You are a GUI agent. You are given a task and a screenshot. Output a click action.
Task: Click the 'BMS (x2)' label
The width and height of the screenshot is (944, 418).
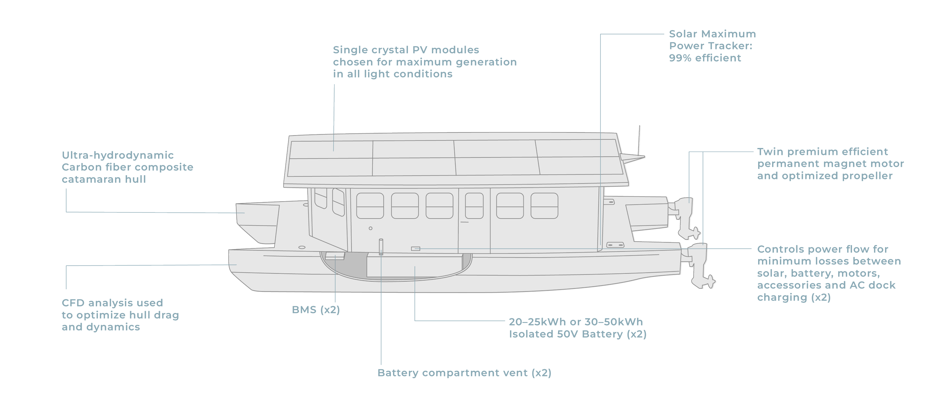(x=316, y=310)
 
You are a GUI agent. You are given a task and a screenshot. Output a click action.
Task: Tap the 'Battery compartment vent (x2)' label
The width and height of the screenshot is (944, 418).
(x=464, y=373)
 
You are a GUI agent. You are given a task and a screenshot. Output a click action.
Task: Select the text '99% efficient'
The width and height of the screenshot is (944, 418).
(x=705, y=58)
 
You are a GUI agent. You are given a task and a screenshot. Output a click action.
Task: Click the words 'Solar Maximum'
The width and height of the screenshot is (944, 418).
(x=712, y=34)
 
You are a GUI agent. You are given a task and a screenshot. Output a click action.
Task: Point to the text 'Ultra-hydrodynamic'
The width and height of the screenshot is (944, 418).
(x=118, y=155)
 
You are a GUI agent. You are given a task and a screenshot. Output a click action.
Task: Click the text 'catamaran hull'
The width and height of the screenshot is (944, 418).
(x=103, y=179)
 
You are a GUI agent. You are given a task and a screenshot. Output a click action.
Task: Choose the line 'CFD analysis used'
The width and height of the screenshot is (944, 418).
(x=112, y=303)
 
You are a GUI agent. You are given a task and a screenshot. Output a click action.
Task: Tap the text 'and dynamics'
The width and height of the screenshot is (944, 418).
(x=101, y=327)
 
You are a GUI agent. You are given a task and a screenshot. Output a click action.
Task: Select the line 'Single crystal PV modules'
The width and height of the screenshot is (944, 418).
(x=406, y=50)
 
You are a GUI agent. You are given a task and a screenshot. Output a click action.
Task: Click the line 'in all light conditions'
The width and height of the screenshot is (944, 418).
(x=393, y=74)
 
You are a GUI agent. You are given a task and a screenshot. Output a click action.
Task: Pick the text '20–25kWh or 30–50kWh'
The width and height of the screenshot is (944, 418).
(x=576, y=322)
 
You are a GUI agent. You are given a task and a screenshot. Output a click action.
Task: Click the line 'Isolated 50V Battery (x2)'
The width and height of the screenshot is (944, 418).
(x=578, y=334)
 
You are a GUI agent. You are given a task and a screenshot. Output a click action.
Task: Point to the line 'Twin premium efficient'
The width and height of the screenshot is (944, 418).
(x=823, y=152)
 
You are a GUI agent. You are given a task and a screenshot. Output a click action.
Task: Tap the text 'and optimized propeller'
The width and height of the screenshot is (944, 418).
(x=825, y=176)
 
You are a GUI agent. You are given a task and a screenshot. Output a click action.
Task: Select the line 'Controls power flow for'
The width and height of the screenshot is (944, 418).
(x=823, y=249)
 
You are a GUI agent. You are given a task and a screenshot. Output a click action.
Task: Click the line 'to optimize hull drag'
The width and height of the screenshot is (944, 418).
(x=120, y=315)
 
